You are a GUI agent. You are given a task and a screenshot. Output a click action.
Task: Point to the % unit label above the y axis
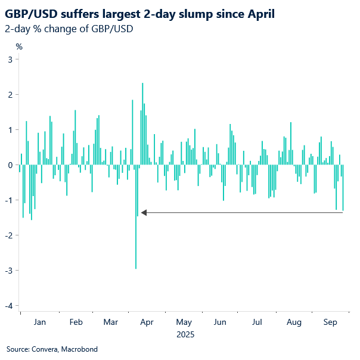coord(19,46)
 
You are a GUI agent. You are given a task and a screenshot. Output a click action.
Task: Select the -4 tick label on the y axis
coord(9,306)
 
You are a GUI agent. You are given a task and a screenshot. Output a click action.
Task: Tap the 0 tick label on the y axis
coord(11,165)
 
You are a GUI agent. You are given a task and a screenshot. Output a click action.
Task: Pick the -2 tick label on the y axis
coord(9,235)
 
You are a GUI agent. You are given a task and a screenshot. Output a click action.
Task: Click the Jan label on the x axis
coord(39,322)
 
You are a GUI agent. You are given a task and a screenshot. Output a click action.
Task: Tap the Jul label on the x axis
coord(257,322)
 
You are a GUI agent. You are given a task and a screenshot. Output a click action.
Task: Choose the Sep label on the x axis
coord(330,322)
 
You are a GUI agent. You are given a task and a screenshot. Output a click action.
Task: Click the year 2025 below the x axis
coord(185,335)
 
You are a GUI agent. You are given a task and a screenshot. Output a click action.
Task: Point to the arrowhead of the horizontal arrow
coord(143,212)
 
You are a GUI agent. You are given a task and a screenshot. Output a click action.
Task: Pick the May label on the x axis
coord(184,322)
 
